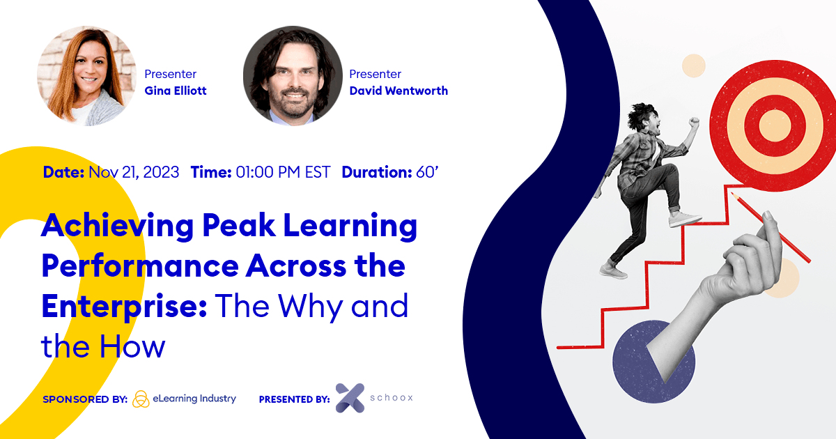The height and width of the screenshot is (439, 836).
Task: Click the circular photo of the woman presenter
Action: [86, 76]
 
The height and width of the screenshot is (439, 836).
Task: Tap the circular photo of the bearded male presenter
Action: [293, 76]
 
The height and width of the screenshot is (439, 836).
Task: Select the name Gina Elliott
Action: [176, 91]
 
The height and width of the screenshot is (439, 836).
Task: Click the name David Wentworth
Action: [398, 91]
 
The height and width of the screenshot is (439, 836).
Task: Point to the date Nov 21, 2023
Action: [134, 172]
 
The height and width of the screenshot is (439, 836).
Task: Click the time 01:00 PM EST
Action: [282, 172]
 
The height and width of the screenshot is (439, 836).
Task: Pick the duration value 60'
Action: [426, 172]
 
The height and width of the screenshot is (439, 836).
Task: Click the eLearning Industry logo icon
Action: [141, 399]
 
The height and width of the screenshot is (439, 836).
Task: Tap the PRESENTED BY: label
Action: [294, 399]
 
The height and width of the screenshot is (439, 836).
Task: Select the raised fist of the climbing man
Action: [693, 123]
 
